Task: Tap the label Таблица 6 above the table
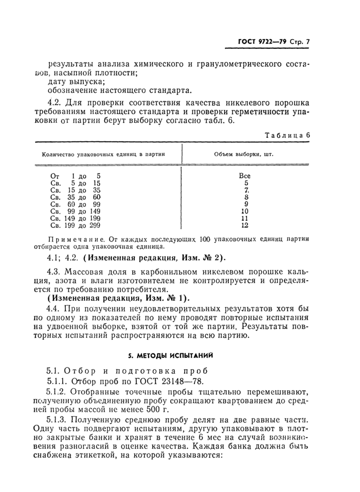(288, 135)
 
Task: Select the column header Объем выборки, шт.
(244, 154)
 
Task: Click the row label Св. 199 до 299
(76, 225)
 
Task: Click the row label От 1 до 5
(76, 175)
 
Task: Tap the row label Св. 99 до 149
(76, 211)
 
